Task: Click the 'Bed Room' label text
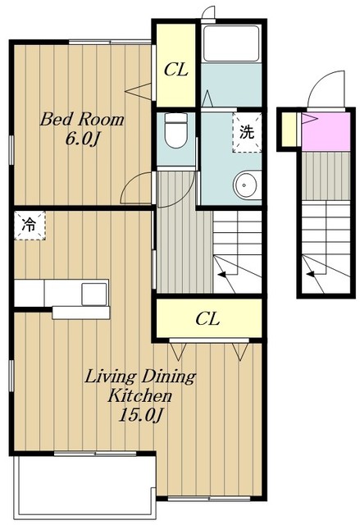(x=82, y=120)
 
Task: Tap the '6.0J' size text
(x=82, y=139)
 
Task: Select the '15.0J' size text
(x=140, y=416)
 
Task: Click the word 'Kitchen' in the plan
(x=139, y=395)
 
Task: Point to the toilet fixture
(x=176, y=130)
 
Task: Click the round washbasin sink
(x=246, y=185)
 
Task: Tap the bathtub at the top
(x=231, y=43)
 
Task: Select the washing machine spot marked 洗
(x=247, y=133)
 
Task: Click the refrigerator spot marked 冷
(x=30, y=226)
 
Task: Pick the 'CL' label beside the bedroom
(x=176, y=70)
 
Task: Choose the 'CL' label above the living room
(x=207, y=319)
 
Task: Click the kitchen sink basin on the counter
(x=94, y=294)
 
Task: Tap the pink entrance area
(x=326, y=132)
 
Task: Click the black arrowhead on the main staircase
(x=221, y=275)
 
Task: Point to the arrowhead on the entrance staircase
(x=311, y=274)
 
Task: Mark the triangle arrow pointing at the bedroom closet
(x=138, y=91)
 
